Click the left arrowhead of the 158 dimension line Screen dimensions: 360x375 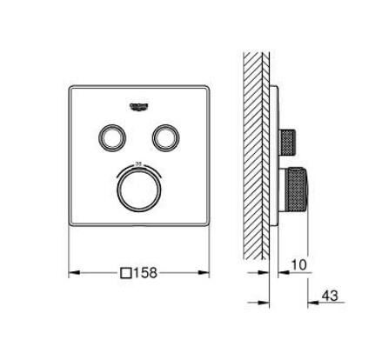click(x=72, y=273)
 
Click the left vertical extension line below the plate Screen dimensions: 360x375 click(x=68, y=257)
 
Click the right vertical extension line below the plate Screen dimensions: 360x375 click(x=210, y=257)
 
